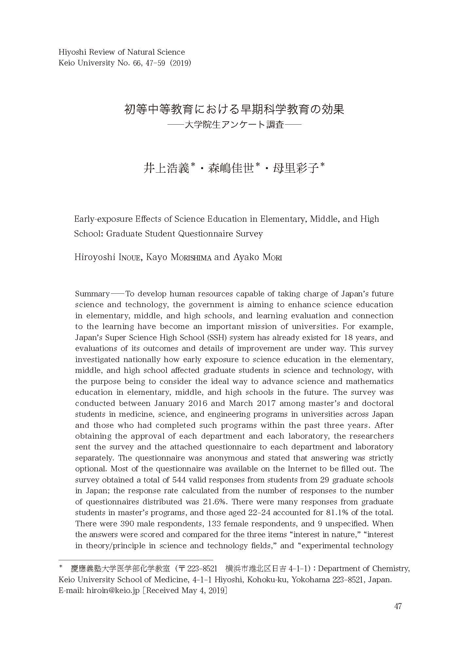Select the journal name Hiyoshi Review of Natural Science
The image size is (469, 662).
tap(122, 52)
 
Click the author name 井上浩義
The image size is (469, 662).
tap(167, 168)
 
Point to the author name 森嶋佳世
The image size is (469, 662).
tap(231, 168)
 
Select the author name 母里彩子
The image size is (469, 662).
tap(296, 168)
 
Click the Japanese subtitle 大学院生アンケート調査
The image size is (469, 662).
tap(234, 125)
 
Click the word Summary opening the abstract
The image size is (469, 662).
tap(93, 294)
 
